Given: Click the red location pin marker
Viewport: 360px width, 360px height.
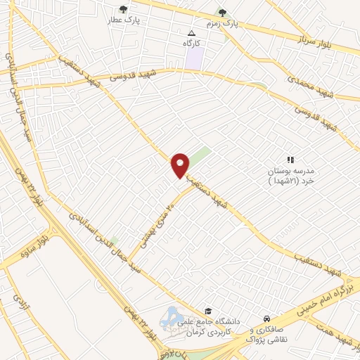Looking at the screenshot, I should click(x=181, y=164).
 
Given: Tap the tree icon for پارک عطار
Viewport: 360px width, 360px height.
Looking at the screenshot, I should click(x=124, y=10).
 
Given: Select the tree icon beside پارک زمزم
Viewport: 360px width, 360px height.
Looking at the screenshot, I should click(x=222, y=12).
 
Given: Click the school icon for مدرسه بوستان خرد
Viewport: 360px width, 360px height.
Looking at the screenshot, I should click(x=290, y=160).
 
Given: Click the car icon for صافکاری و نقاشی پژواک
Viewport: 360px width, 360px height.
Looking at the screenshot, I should click(x=266, y=318).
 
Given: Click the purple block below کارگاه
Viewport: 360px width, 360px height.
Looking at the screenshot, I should click(x=193, y=58).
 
